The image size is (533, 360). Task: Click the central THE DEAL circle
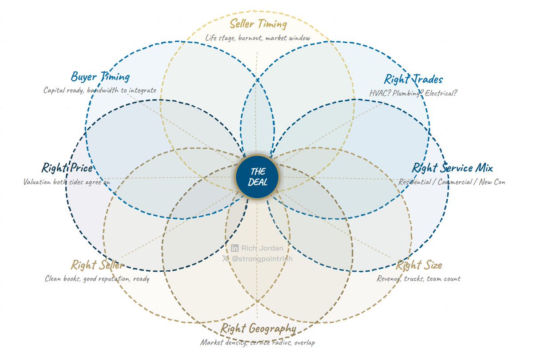click(x=257, y=177)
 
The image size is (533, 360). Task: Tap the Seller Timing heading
click(x=258, y=24)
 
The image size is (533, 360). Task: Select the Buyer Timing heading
click(x=100, y=77)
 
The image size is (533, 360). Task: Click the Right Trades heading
click(x=413, y=79)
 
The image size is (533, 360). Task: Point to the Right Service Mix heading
click(x=452, y=168)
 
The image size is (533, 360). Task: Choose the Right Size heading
click(x=418, y=265)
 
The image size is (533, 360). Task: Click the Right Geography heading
click(x=258, y=328)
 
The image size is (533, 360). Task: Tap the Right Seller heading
click(x=97, y=265)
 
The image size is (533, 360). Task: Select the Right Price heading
click(x=67, y=168)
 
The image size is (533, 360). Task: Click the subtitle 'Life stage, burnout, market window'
click(x=258, y=38)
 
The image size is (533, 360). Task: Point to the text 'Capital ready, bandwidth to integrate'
click(x=100, y=91)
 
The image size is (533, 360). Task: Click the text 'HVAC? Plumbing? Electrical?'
click(x=413, y=93)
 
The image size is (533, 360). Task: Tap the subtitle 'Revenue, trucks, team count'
click(x=418, y=279)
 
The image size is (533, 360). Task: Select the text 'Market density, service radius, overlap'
click(x=258, y=343)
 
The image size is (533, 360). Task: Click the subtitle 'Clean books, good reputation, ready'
click(x=97, y=279)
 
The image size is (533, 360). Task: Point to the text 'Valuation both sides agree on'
click(x=66, y=182)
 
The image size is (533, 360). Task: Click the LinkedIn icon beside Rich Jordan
click(x=235, y=248)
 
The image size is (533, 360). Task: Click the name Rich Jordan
click(x=262, y=248)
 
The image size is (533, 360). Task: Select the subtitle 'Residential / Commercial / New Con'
click(x=452, y=182)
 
